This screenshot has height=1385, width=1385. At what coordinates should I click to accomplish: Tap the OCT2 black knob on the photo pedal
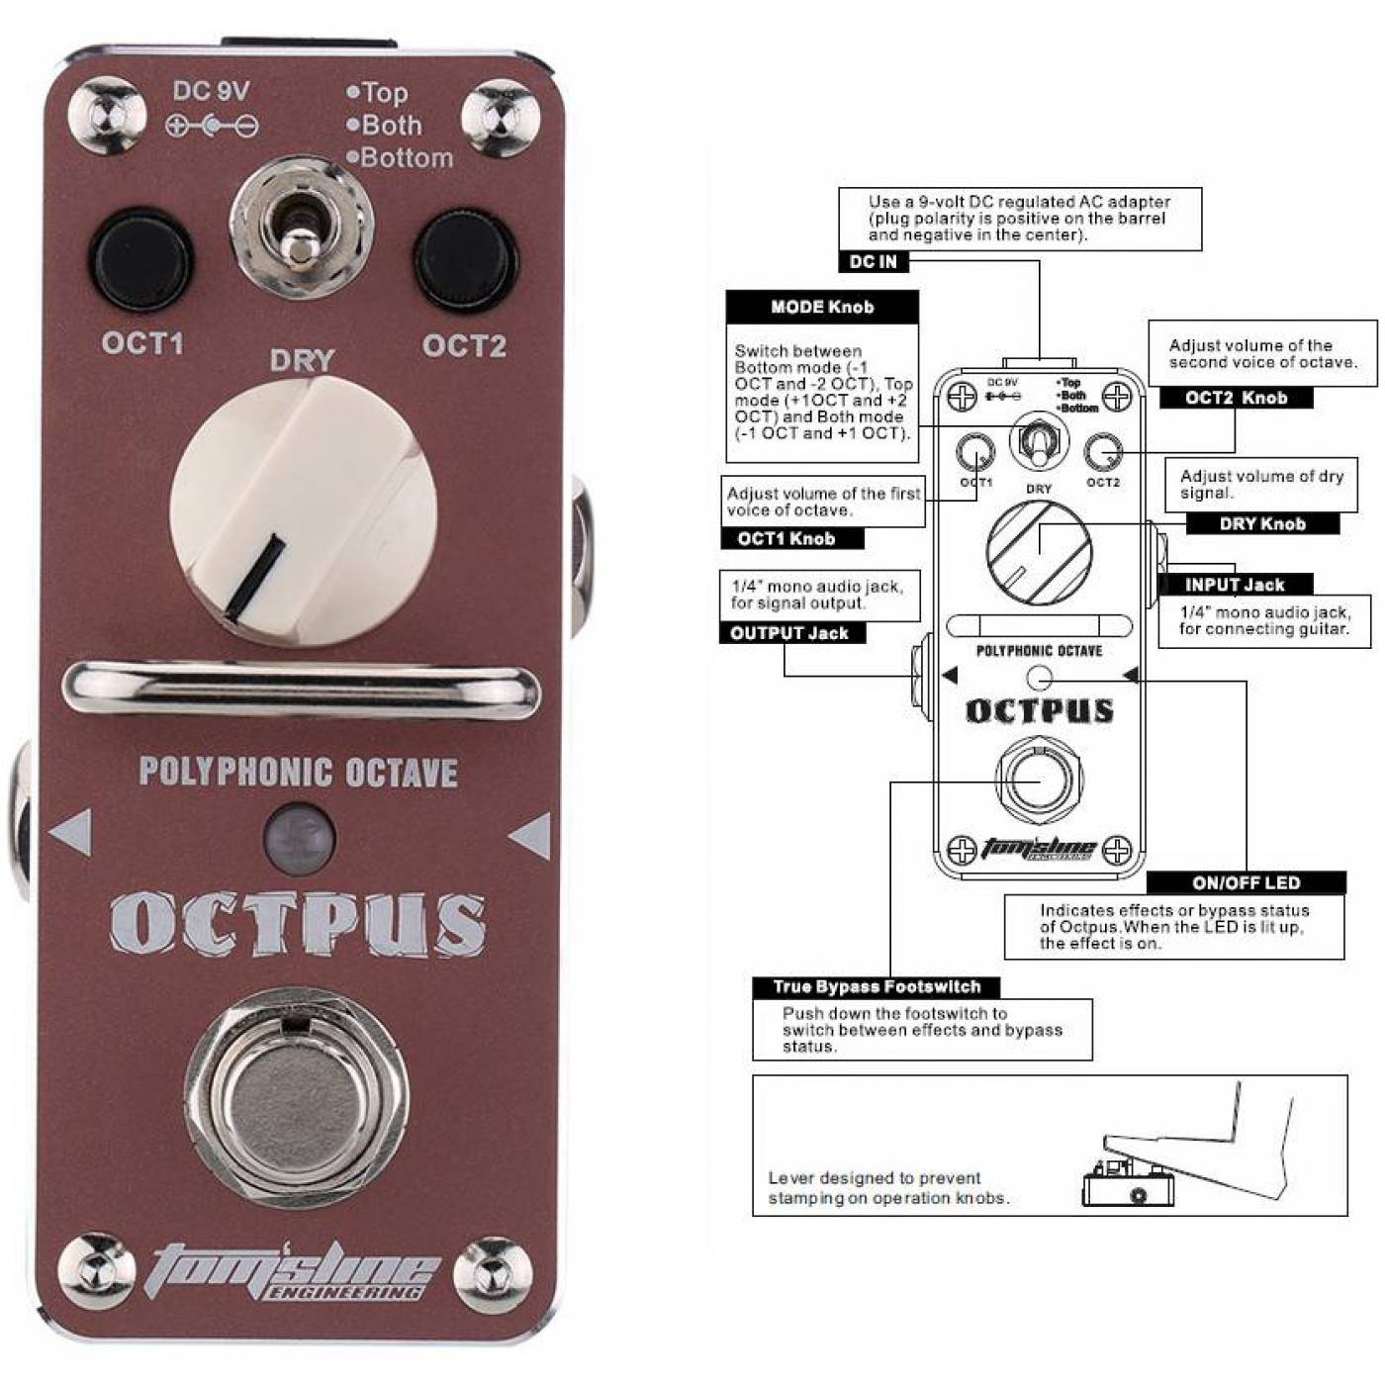tap(465, 259)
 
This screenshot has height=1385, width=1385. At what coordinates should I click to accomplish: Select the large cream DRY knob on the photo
tap(303, 512)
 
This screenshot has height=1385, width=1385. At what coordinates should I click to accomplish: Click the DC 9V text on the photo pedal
tap(211, 92)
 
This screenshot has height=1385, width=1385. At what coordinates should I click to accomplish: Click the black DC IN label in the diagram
tap(874, 262)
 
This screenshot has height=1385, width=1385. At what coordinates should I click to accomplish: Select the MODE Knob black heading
tap(822, 308)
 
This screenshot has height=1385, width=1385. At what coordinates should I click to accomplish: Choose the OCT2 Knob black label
tap(1236, 399)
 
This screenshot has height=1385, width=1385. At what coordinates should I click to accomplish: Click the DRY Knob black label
tap(1262, 524)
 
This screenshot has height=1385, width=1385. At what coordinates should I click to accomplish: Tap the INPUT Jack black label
tap(1235, 585)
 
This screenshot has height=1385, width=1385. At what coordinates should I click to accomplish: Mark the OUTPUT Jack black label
tap(790, 634)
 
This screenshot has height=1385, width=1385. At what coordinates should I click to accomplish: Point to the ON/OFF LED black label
tap(1246, 882)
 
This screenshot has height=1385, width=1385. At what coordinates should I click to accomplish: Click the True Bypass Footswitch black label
tap(877, 987)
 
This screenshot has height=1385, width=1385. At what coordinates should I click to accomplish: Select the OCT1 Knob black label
tap(786, 539)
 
